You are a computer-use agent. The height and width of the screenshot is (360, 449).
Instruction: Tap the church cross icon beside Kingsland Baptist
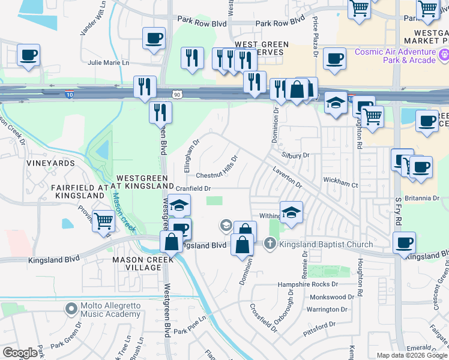(270, 244)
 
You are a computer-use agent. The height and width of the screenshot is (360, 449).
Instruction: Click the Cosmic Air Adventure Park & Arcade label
(394, 56)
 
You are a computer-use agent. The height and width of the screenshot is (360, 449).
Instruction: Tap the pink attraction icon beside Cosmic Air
(444, 56)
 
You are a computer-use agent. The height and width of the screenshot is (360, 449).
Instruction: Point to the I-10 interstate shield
(70, 94)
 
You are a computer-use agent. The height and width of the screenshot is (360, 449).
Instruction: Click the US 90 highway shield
(176, 94)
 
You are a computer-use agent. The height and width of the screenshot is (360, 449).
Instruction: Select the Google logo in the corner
(20, 353)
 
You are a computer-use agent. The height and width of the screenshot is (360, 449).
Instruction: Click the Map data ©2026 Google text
(412, 355)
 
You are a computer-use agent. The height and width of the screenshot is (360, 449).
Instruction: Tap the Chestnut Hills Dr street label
(217, 169)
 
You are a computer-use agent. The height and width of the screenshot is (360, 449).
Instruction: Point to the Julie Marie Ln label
(108, 62)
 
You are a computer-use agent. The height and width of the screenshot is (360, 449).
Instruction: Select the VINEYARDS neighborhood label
(50, 163)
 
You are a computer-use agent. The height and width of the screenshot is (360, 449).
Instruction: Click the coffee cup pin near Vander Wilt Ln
(154, 39)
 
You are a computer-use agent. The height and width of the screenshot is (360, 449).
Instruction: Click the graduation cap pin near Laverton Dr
(291, 213)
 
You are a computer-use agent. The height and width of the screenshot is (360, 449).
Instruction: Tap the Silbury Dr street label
(298, 155)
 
